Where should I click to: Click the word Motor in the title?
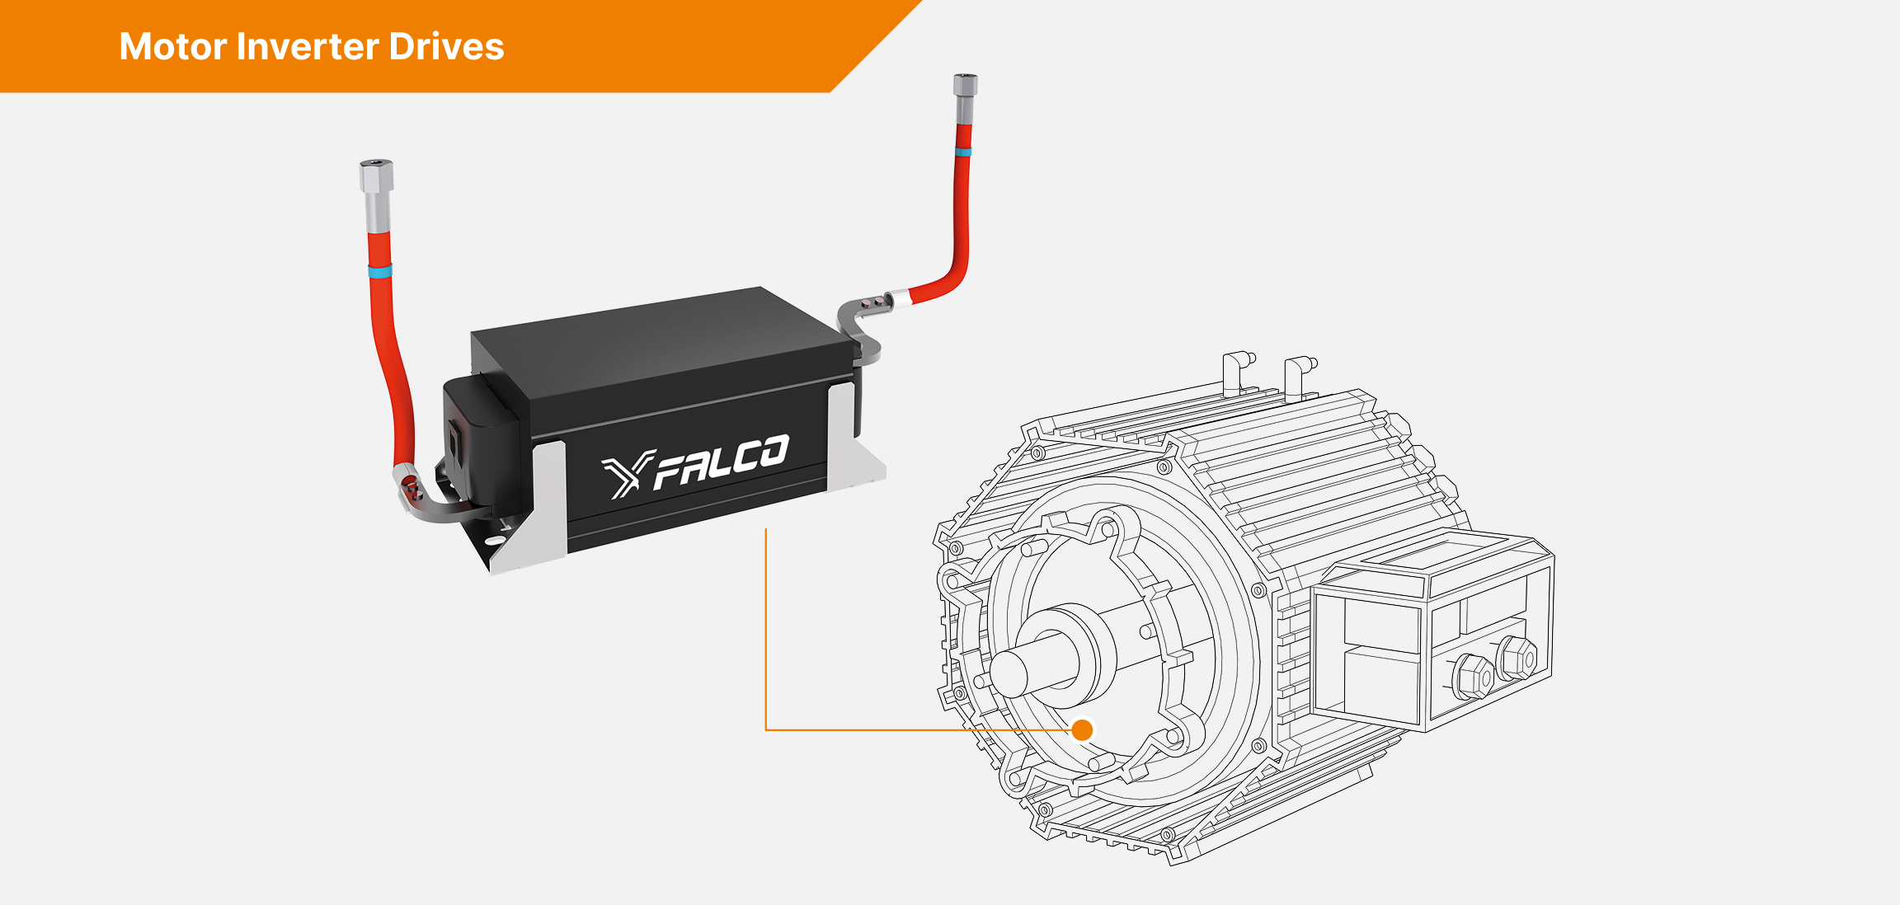coord(172,47)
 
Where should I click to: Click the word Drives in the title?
coord(446,47)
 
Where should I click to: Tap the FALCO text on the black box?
coord(721,464)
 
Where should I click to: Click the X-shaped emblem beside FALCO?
coord(627,475)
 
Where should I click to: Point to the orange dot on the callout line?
coord(1082,729)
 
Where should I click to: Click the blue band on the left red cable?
coord(379,271)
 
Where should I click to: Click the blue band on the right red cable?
coord(962,152)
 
